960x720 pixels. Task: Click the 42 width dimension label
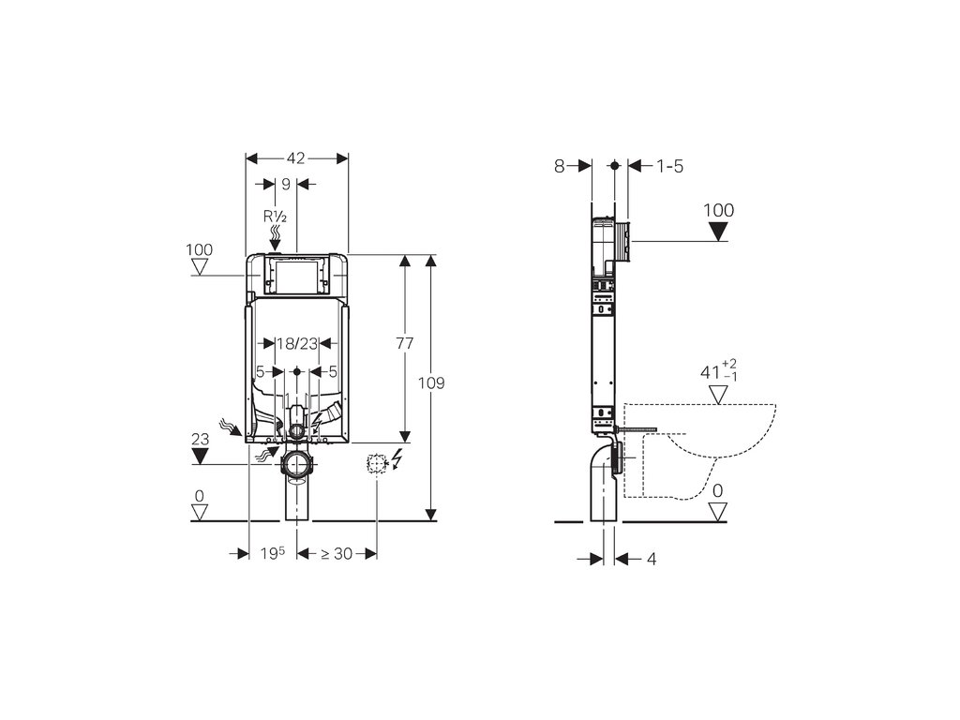point(295,157)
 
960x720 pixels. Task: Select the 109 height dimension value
point(431,383)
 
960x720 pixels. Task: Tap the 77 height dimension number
point(405,343)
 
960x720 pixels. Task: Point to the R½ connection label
point(276,217)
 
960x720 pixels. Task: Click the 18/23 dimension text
point(297,343)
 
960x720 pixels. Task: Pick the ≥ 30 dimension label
point(337,553)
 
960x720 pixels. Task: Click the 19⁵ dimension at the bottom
point(273,553)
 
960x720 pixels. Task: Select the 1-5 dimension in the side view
point(669,166)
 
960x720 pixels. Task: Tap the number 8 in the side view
point(559,166)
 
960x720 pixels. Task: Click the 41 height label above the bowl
point(711,371)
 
